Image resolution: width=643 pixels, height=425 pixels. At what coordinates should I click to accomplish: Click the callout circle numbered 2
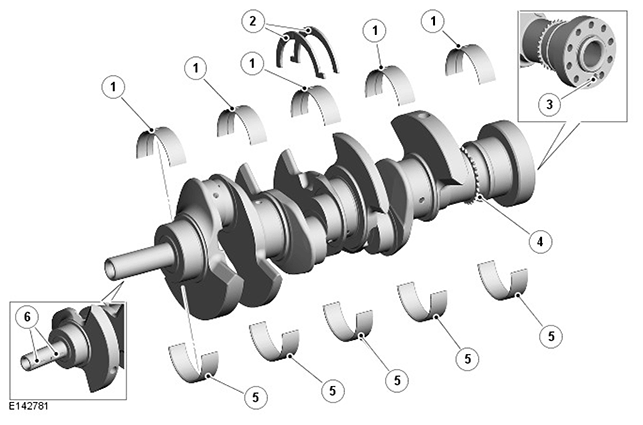[253, 21]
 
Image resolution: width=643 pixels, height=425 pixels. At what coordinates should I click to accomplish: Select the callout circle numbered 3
[550, 105]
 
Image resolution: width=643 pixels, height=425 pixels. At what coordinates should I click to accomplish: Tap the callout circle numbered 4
[540, 241]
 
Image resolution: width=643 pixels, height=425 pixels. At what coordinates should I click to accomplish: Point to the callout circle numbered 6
[27, 317]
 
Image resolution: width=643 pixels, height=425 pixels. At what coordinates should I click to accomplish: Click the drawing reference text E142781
[29, 406]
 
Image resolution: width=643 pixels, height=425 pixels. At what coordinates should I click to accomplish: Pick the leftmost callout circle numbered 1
[113, 87]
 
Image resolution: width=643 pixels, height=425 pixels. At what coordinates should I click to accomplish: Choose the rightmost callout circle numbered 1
[433, 21]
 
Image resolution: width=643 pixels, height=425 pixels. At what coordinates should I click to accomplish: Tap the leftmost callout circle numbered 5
[255, 397]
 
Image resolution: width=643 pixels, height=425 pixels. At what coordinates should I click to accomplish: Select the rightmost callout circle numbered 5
[551, 336]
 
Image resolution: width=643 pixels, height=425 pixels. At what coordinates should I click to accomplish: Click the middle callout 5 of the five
[397, 380]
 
